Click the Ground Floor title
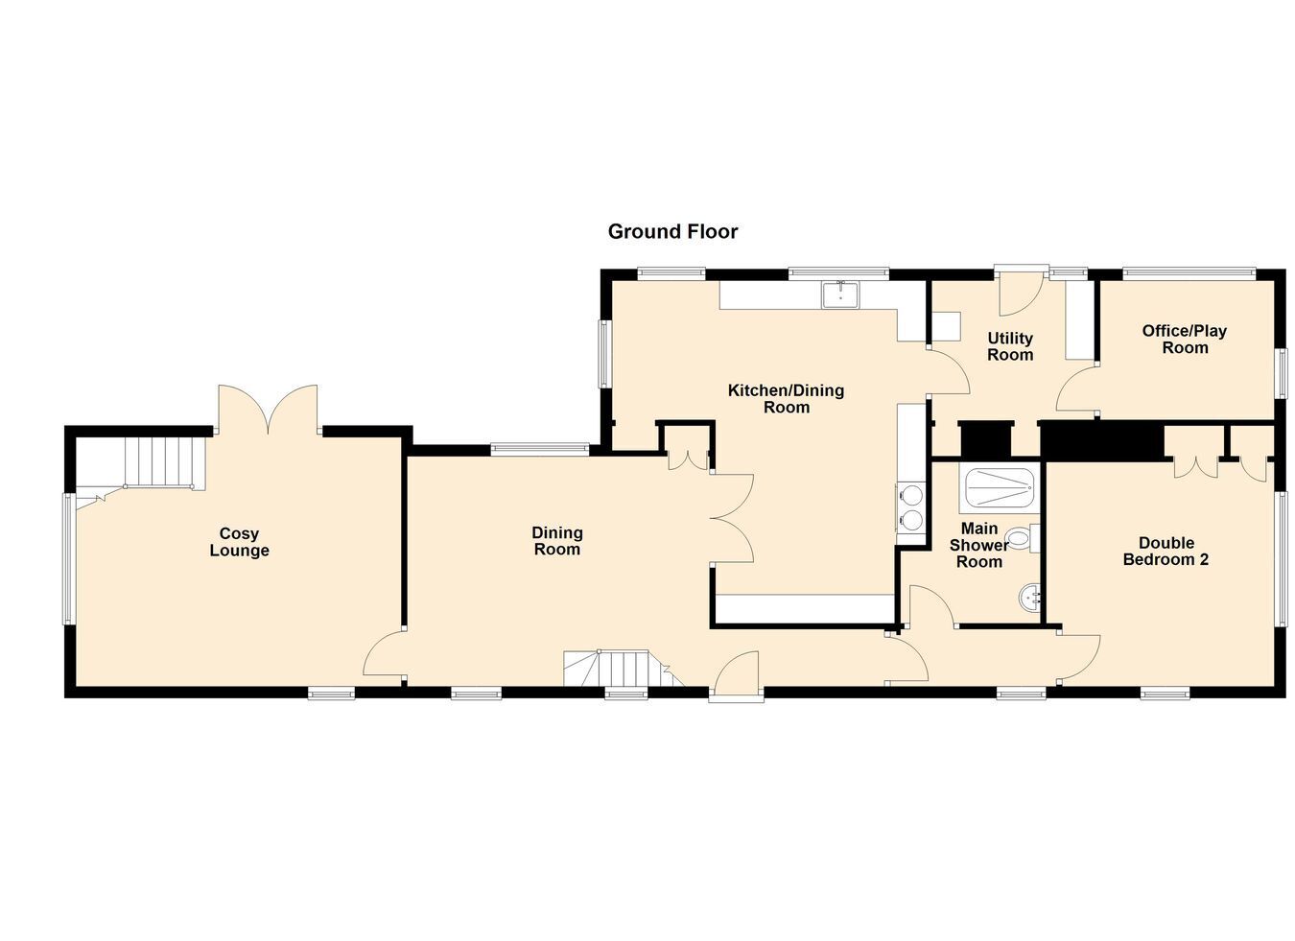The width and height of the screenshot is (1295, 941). [x=673, y=232]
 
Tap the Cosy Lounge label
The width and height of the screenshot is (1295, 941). [x=240, y=542]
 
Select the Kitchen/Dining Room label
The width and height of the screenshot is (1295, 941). [x=787, y=399]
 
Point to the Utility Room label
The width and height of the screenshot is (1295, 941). [x=1010, y=346]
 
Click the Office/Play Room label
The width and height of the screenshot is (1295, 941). [x=1185, y=340]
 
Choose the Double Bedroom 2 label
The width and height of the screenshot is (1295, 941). [x=1166, y=551]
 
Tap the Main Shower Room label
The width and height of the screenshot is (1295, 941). [x=979, y=545]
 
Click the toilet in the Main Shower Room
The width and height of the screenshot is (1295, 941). [x=1024, y=539]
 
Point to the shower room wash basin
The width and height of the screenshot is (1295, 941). [x=1029, y=597]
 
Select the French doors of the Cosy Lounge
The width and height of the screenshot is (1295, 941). [x=268, y=409]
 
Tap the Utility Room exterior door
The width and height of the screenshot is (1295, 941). [x=1021, y=292]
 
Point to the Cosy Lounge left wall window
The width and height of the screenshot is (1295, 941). [x=68, y=558]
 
